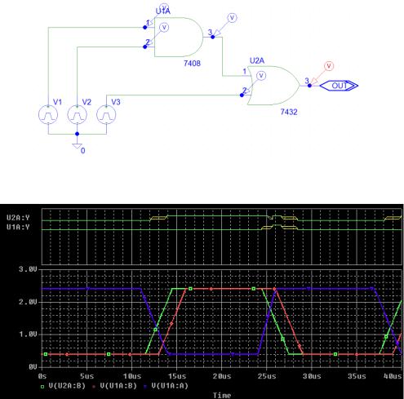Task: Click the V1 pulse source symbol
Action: [x=48, y=114]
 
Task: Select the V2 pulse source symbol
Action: [x=78, y=114]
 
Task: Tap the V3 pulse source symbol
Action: [x=106, y=114]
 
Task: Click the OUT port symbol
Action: [x=339, y=86]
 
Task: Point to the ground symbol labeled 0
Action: [x=78, y=146]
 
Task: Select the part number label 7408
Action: [x=192, y=64]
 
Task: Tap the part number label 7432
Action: [x=289, y=112]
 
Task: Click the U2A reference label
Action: [x=257, y=60]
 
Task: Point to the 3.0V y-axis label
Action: [x=28, y=269]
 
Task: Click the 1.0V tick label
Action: [x=28, y=335]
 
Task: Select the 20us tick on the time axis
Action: [x=222, y=376]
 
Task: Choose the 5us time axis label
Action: [x=87, y=376]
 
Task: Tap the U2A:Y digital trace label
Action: [x=18, y=218]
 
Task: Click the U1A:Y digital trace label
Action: [x=18, y=227]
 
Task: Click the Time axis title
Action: [x=222, y=395]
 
